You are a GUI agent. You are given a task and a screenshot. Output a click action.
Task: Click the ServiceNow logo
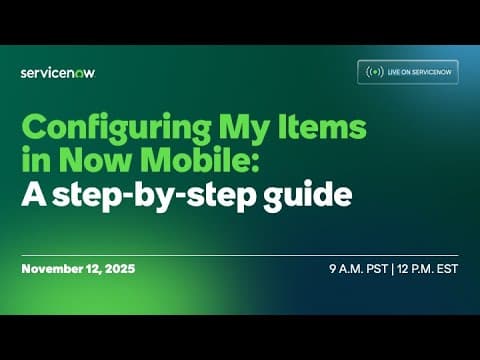(58, 72)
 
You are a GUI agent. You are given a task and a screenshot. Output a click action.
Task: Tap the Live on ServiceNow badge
(408, 72)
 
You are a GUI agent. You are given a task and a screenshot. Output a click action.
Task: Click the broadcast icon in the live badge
(375, 72)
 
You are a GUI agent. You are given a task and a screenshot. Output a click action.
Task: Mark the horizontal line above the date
(240, 255)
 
